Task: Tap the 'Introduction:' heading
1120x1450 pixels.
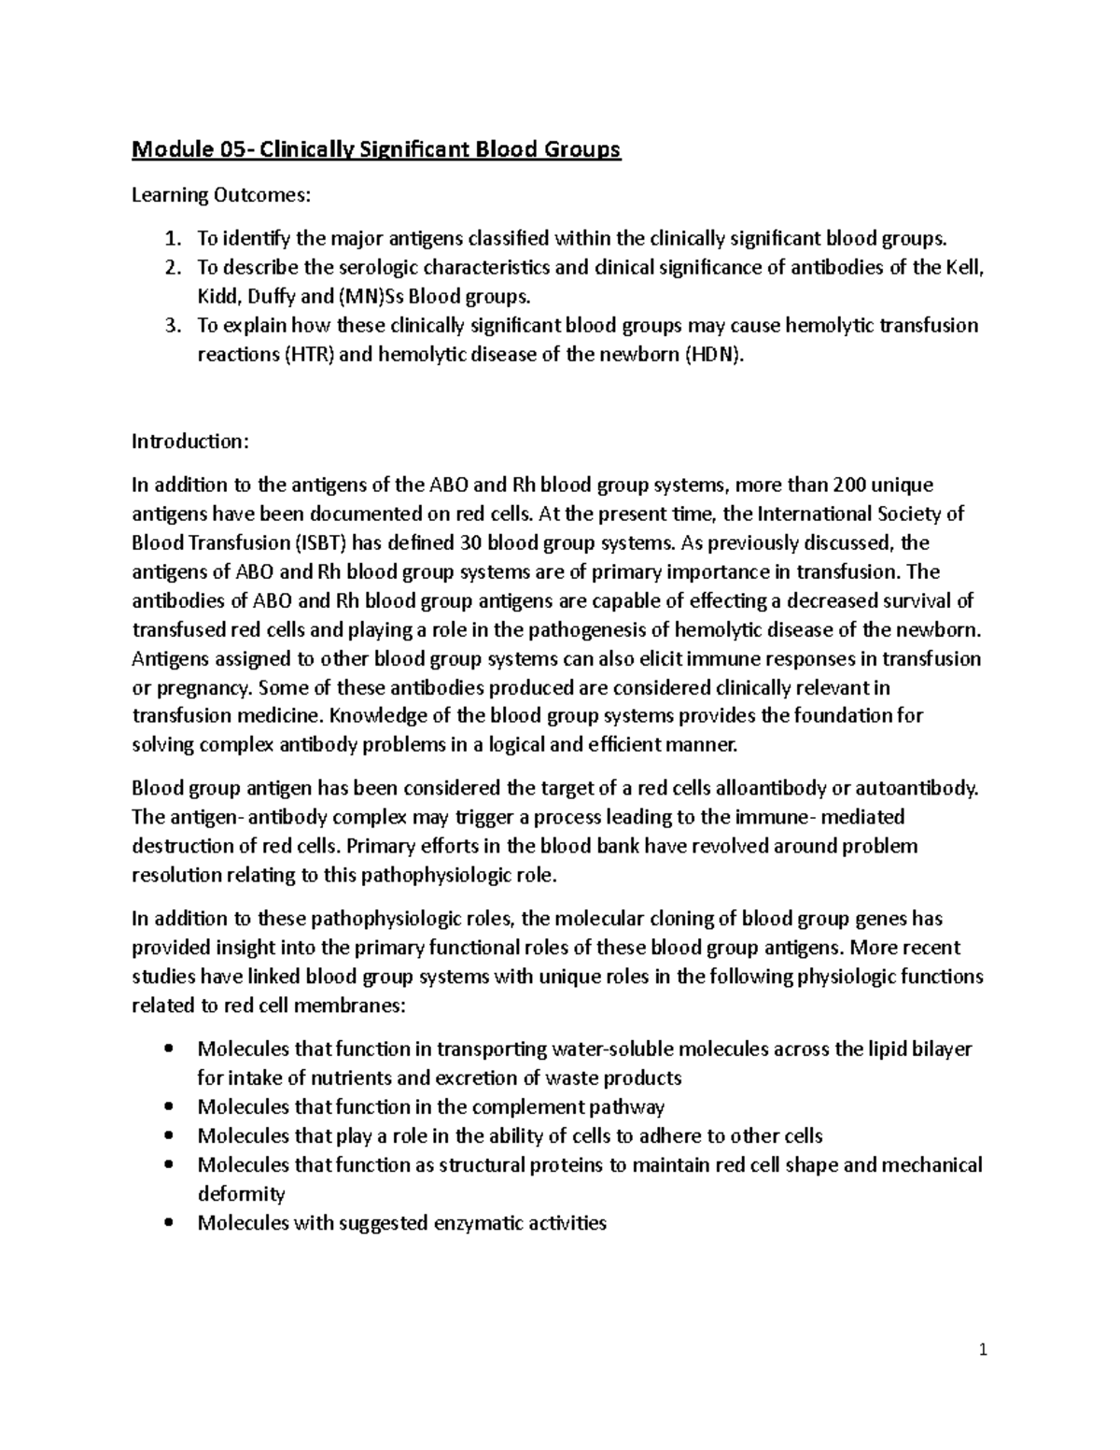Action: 191,441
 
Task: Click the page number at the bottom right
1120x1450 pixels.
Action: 983,1350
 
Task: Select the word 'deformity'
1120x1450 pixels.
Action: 241,1194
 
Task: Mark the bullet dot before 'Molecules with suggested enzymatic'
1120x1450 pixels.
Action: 168,1223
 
